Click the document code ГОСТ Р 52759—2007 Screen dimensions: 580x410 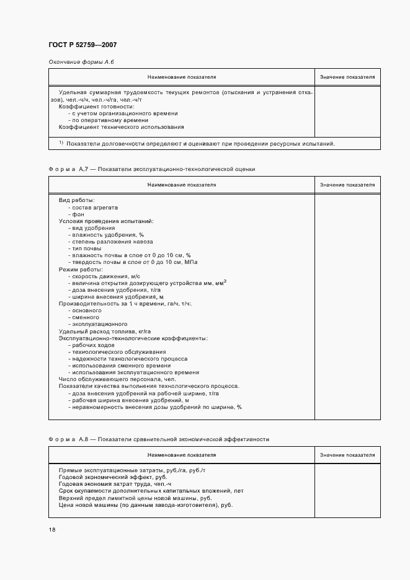pyautogui.click(x=82, y=45)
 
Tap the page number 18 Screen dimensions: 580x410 pyautogui.click(x=51, y=530)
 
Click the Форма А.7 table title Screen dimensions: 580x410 pyautogui.click(x=151, y=169)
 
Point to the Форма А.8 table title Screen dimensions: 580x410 pyautogui.click(x=159, y=439)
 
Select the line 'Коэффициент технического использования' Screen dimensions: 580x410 pyautogui.click(x=121, y=127)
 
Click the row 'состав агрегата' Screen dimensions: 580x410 pyautogui.click(x=94, y=207)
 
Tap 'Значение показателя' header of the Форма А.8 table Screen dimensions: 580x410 pyautogui.click(x=347, y=455)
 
